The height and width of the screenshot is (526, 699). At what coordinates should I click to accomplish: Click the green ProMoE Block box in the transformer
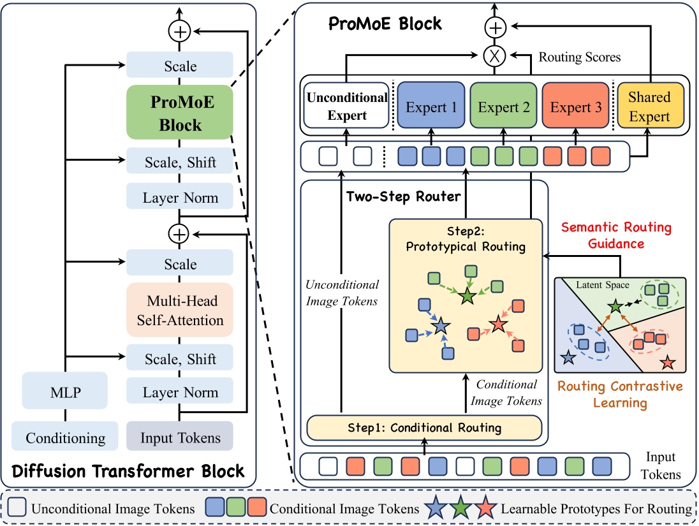pos(180,112)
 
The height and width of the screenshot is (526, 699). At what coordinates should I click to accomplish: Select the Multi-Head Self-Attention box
pos(180,309)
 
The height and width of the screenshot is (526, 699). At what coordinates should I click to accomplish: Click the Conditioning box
pos(65,438)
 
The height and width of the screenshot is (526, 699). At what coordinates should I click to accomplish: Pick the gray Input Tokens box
pos(180,438)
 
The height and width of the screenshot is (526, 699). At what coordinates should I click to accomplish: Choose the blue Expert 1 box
pos(430,107)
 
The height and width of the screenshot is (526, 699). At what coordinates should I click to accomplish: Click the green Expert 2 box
pos(503,107)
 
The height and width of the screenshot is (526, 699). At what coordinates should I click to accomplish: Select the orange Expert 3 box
pos(575,107)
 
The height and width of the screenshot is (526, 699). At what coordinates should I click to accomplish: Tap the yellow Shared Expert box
pos(649,106)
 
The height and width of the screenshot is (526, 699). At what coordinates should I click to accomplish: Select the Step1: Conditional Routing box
pos(424,428)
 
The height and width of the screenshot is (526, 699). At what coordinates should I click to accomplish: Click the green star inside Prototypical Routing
pos(467,296)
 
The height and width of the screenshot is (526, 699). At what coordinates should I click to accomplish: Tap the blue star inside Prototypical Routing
pos(439,327)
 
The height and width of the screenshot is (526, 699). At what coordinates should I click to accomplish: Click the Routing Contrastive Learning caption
pos(619,394)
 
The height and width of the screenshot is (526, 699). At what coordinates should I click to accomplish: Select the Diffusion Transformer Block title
pos(128,472)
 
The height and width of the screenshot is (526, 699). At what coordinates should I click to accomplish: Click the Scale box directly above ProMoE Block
pos(180,66)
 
